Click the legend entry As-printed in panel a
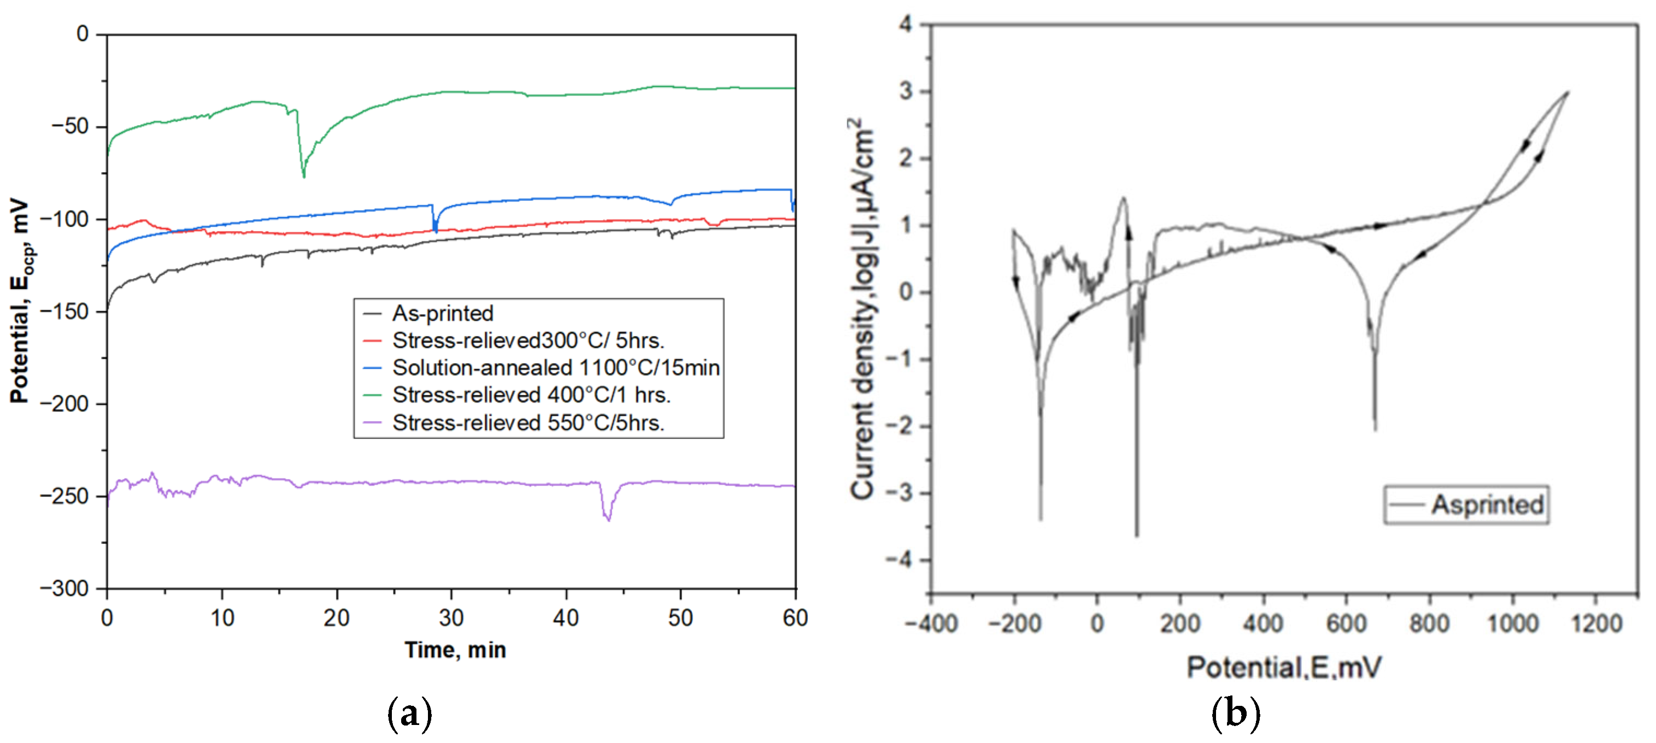pyautogui.click(x=442, y=314)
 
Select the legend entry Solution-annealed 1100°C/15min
pyautogui.click(x=555, y=368)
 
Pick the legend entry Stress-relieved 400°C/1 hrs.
pyautogui.click(x=531, y=394)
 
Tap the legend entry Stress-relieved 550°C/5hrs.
pyautogui.click(x=528, y=423)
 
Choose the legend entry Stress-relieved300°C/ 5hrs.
pyautogui.click(x=528, y=341)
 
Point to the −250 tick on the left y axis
pyautogui.click(x=64, y=496)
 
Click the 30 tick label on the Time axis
pyautogui.click(x=451, y=618)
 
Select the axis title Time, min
pyautogui.click(x=455, y=651)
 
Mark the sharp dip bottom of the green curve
pyautogui.click(x=303, y=177)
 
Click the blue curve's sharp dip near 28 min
pyautogui.click(x=435, y=230)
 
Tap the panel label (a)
pyautogui.click(x=409, y=713)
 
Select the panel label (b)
pyautogui.click(x=1235, y=713)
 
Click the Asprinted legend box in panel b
pyautogui.click(x=1466, y=505)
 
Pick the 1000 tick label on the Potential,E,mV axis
pyautogui.click(x=1513, y=623)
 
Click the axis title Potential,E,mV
pyautogui.click(x=1283, y=667)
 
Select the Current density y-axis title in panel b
pyautogui.click(x=863, y=309)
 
